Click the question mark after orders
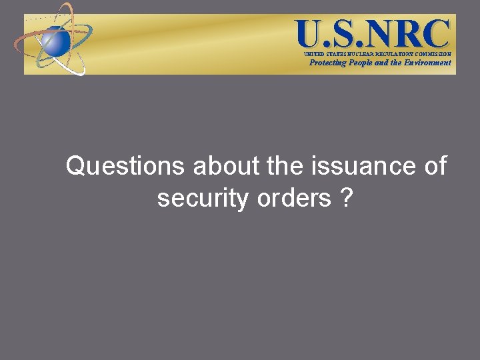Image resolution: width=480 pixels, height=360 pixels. [x=346, y=198]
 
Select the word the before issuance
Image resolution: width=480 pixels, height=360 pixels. [x=285, y=167]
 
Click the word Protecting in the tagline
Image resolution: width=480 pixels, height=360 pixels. [x=328, y=63]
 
